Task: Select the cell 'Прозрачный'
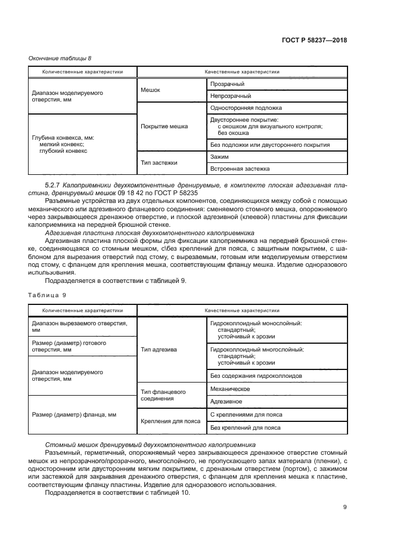tap(227, 84)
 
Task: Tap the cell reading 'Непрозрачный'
tap(231, 95)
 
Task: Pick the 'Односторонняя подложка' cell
tap(246, 108)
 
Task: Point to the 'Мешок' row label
tap(150, 90)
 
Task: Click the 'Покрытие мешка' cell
tap(164, 127)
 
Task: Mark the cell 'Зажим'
tap(220, 156)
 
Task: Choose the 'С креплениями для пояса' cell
tap(246, 414)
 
